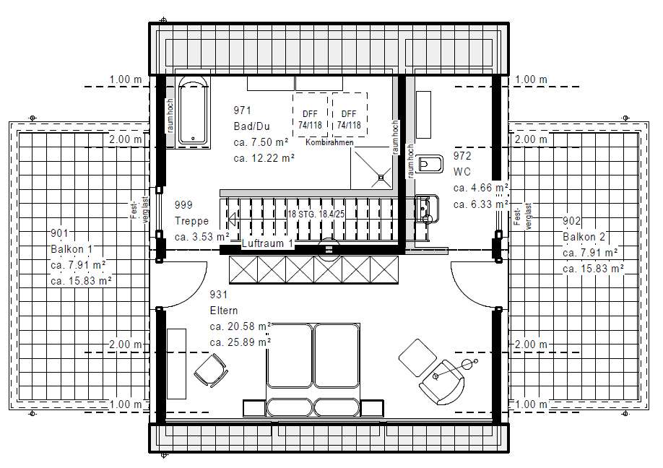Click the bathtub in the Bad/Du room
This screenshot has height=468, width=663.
193,112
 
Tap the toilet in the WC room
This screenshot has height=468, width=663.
430,164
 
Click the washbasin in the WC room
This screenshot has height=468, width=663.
427,209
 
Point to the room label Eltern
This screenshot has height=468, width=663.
224,311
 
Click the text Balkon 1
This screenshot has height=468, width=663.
71,248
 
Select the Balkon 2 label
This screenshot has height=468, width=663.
584,237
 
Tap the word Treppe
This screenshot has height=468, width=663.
191,221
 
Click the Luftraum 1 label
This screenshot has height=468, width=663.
267,243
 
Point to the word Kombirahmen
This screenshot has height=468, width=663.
329,142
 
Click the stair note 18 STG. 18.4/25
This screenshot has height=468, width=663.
316,214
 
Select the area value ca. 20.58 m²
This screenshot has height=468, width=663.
240,326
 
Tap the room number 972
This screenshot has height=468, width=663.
462,156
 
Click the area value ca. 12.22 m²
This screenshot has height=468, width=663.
264,157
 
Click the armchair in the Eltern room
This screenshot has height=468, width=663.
442,382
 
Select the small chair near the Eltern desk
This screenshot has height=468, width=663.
211,370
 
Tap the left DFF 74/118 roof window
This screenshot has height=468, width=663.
310,115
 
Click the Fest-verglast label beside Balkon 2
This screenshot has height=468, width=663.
524,216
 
